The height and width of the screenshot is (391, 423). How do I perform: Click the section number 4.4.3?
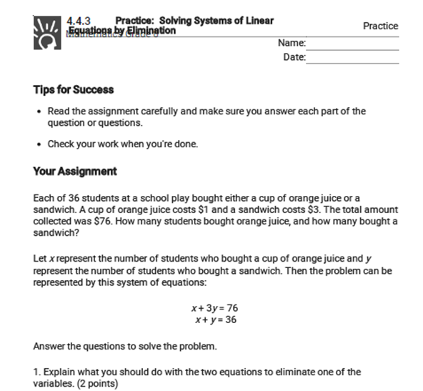click(x=79, y=21)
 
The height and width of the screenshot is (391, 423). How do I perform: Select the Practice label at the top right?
click(x=380, y=26)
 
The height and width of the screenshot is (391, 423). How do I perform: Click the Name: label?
click(x=292, y=43)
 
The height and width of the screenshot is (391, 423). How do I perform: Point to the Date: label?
click(x=294, y=57)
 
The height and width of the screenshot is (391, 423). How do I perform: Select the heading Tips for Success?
click(x=74, y=90)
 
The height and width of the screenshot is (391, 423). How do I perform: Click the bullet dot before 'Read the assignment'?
click(x=38, y=112)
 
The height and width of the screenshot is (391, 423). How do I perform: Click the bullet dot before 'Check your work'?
click(x=38, y=144)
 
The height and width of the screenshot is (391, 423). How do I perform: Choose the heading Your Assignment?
click(x=75, y=172)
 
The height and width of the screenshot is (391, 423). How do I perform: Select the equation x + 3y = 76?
click(x=214, y=308)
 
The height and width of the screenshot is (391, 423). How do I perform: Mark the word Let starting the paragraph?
click(x=41, y=259)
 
